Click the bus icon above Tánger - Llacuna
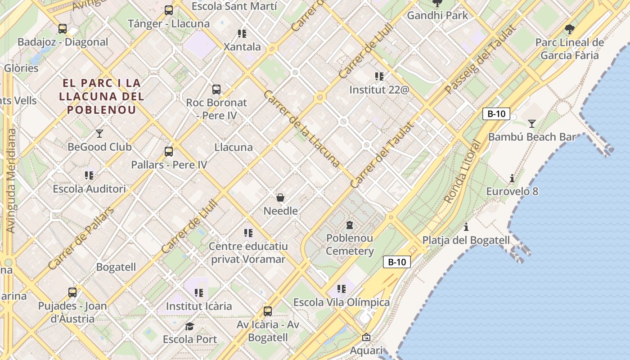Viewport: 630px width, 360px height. pyautogui.click(x=169, y=10)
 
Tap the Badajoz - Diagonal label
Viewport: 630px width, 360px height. pyautogui.click(x=63, y=42)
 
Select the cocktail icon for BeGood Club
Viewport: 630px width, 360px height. pyautogui.click(x=99, y=133)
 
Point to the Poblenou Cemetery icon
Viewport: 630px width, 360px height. pyautogui.click(x=350, y=225)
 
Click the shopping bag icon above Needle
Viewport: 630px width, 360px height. pyautogui.click(x=280, y=197)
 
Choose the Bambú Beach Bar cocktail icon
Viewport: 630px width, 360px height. pyautogui.click(x=532, y=123)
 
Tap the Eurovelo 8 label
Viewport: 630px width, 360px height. pyautogui.click(x=512, y=191)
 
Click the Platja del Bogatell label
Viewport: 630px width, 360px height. pyautogui.click(x=466, y=240)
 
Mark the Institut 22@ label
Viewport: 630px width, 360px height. pyautogui.click(x=379, y=90)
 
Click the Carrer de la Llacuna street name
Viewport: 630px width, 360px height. pyautogui.click(x=301, y=128)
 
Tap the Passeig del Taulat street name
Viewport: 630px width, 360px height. pyautogui.click(x=480, y=59)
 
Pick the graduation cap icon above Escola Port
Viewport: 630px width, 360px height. pyautogui.click(x=189, y=326)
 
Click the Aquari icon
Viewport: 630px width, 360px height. pyautogui.click(x=366, y=337)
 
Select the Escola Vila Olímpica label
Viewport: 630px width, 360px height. pyautogui.click(x=342, y=302)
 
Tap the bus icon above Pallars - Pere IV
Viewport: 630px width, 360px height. pyautogui.click(x=169, y=151)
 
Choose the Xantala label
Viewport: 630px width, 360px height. pyautogui.click(x=242, y=47)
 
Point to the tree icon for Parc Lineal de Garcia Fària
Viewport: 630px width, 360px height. pyautogui.click(x=569, y=30)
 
